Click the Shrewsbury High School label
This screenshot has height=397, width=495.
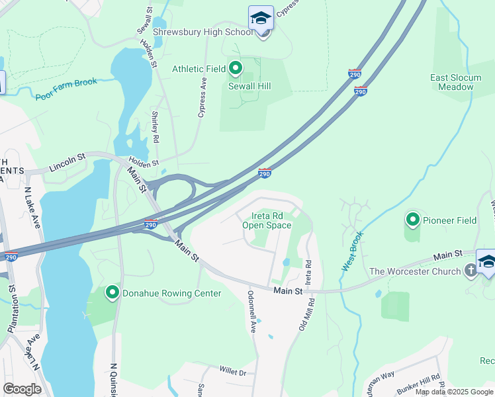203,32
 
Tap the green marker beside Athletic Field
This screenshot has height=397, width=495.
236,68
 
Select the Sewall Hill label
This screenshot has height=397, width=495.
250,86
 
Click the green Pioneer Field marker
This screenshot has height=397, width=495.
413,219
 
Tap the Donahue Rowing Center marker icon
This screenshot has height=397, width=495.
112,292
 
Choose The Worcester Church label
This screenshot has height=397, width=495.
415,271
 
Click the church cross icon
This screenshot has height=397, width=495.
470,270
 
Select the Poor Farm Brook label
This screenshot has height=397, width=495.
66,89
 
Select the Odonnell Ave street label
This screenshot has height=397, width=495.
251,311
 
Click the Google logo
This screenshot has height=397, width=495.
22,389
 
